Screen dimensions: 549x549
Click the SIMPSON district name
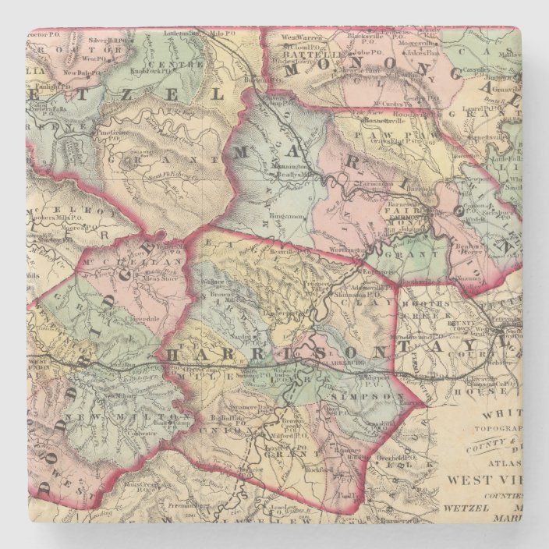[359, 397]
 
